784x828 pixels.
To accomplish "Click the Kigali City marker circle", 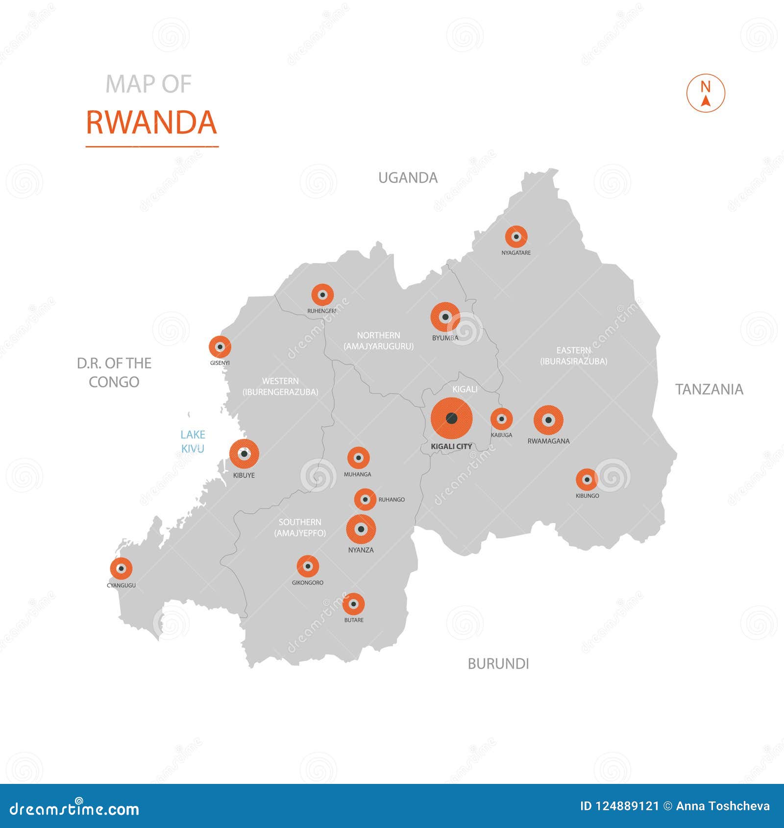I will point(451,418).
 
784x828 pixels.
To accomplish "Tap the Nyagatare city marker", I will point(516,237).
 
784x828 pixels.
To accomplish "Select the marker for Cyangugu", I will point(121,568).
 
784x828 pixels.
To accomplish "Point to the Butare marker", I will point(353,604).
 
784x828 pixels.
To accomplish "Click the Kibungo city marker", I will point(587,480).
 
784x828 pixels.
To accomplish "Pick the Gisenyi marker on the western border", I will point(220,347).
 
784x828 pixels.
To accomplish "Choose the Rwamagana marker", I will point(548,420).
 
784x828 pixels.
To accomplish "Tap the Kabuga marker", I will point(501,419).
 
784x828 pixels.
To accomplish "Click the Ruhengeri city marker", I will point(322,295).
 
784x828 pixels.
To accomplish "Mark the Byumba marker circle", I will point(445,317).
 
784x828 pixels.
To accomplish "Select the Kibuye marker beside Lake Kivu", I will point(244,454).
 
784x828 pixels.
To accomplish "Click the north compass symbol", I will point(706,93).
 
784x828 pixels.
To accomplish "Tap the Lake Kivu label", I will point(193,441).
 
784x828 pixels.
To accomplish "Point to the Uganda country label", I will point(408,177).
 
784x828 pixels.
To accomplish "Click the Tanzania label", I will point(709,390).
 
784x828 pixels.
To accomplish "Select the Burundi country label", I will point(498,664).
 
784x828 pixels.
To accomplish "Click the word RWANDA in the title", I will point(151,122).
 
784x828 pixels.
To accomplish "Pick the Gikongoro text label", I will point(308,583).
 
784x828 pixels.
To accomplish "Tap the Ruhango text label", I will point(392,500).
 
